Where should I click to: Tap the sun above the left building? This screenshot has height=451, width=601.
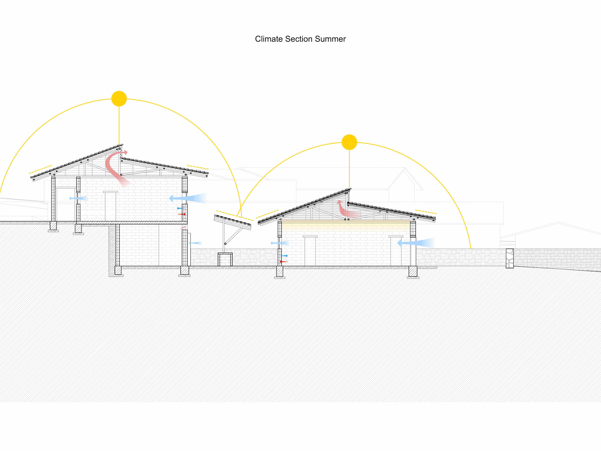[119, 99]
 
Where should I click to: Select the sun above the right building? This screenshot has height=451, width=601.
[349, 142]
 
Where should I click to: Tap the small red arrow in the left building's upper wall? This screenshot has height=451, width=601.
[182, 214]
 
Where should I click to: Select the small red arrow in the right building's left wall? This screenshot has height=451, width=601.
[284, 262]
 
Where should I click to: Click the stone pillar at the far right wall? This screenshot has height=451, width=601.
[510, 258]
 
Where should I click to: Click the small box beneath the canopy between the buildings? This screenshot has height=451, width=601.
[225, 259]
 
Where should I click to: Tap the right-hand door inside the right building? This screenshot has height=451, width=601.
[396, 251]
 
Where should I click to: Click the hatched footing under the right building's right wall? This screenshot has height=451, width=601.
[413, 271]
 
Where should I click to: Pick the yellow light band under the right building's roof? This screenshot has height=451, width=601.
[346, 225]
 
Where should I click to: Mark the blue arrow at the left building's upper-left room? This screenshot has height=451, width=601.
[78, 198]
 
